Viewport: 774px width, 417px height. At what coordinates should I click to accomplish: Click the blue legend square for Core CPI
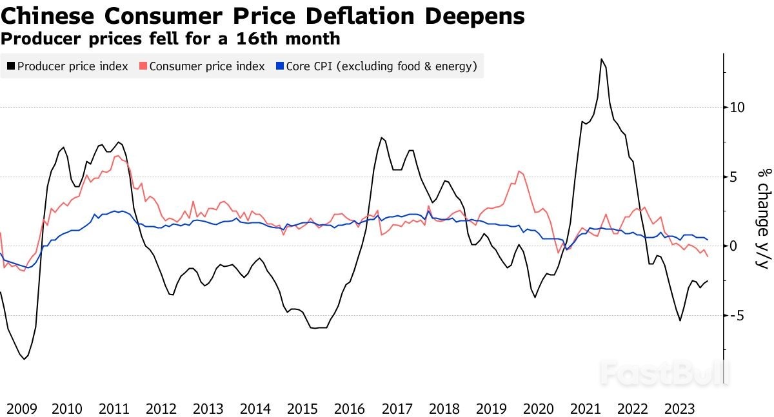tap(280, 66)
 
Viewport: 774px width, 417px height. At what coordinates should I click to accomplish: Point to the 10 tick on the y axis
tap(738, 107)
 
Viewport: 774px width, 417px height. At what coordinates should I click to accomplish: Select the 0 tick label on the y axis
tap(733, 246)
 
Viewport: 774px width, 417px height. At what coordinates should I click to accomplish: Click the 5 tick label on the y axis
tap(733, 177)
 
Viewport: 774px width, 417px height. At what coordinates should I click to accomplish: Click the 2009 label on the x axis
tap(22, 409)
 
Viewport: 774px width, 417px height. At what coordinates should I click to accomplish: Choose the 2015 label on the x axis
tap(303, 409)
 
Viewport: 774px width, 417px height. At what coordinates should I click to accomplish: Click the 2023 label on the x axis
tap(679, 409)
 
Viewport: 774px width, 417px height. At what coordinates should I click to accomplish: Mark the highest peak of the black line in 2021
tap(601, 59)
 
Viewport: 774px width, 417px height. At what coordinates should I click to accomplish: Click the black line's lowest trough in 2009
tap(25, 358)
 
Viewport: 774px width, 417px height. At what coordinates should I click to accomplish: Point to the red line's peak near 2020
tap(519, 171)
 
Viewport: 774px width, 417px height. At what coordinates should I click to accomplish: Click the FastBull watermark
tap(664, 373)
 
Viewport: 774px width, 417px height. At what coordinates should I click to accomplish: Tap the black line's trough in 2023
tap(680, 320)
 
